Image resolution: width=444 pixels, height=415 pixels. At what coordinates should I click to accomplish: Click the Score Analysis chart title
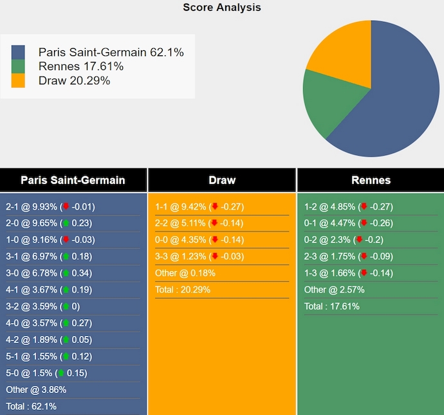222,8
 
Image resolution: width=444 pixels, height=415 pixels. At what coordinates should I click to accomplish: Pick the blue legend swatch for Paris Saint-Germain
18,52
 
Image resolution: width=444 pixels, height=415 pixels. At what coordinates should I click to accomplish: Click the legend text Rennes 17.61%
81,66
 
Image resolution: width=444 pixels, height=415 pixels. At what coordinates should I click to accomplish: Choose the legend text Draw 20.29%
74,80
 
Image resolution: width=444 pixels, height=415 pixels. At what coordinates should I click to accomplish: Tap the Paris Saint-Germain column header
73,180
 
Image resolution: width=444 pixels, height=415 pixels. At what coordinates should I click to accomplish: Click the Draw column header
222,180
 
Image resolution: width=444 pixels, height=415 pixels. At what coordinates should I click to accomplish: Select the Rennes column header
371,180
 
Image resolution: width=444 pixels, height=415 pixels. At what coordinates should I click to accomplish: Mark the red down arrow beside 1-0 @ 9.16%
65,239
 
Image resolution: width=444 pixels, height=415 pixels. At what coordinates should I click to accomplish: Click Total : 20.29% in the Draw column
183,290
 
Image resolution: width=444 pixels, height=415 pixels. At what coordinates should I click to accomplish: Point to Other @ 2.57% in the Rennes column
331,290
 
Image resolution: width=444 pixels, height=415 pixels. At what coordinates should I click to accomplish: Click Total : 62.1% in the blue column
31,406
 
